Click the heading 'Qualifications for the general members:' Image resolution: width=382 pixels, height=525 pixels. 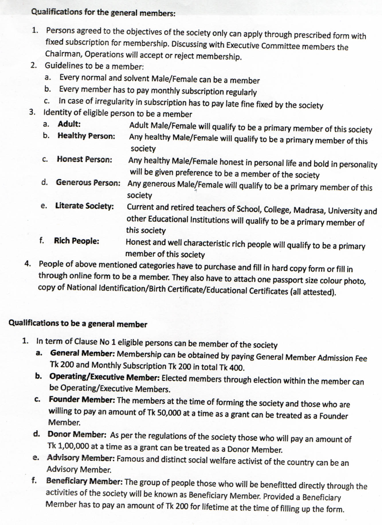pos(103,12)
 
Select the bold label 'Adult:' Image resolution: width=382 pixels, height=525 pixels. pos(69,124)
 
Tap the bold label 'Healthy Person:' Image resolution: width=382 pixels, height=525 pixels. pos(86,136)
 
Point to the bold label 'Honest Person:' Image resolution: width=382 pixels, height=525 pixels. pos(84,159)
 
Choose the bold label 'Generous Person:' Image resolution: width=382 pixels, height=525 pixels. pos(88,182)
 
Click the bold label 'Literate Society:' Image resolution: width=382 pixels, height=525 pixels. pos(85,206)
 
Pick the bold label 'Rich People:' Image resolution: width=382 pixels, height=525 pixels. pos(77,241)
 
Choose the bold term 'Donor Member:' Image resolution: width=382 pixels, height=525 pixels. pos(77,434)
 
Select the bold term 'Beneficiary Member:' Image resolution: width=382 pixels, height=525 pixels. pos(85,481)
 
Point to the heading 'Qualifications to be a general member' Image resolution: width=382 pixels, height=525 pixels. pos(78,324)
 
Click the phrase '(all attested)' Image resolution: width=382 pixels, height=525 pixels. pos(313,292)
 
